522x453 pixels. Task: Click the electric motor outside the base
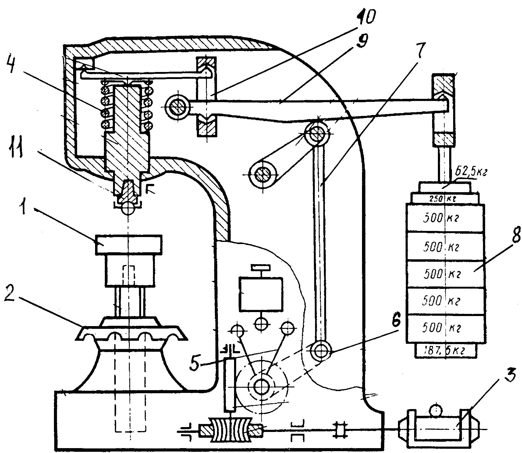(x=437, y=429)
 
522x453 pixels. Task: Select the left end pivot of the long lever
(x=177, y=107)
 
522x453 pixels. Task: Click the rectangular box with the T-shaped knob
(x=261, y=293)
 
